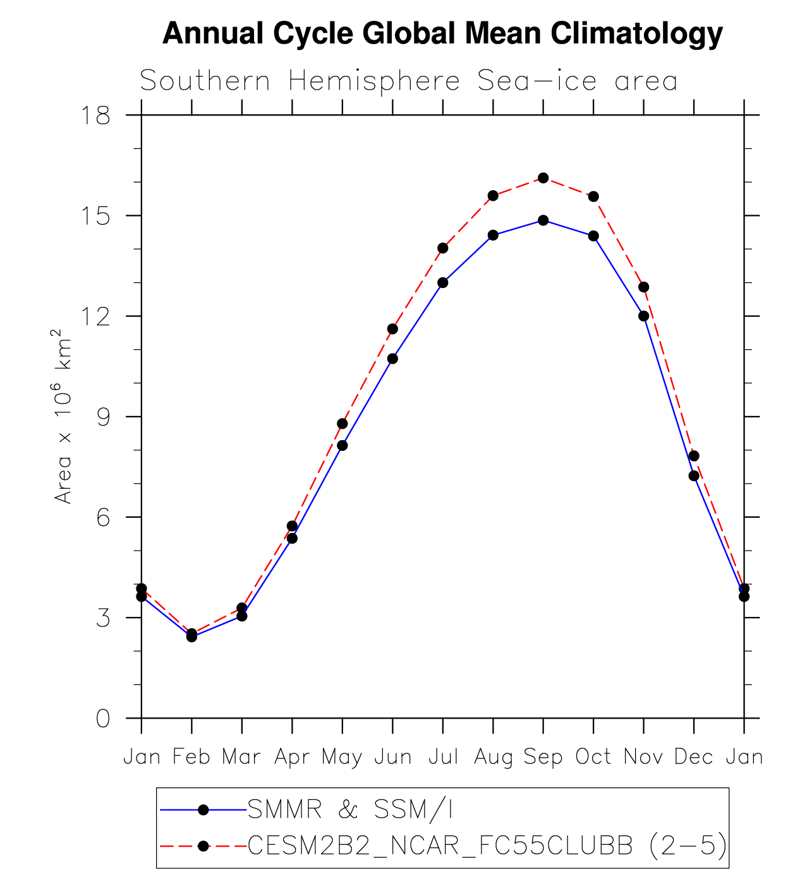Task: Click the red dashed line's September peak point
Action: pos(543,178)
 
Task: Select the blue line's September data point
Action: pos(543,220)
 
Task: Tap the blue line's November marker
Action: pos(644,316)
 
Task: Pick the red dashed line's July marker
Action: pos(443,248)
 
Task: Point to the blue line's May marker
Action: pos(342,445)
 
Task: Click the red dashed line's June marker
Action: pos(392,329)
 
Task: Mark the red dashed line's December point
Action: pos(694,456)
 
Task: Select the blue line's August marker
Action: pos(493,236)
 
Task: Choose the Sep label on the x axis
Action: pos(543,756)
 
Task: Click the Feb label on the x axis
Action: pos(191,756)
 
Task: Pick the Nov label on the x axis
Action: pos(644,756)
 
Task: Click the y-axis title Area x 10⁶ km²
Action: pos(63,417)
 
